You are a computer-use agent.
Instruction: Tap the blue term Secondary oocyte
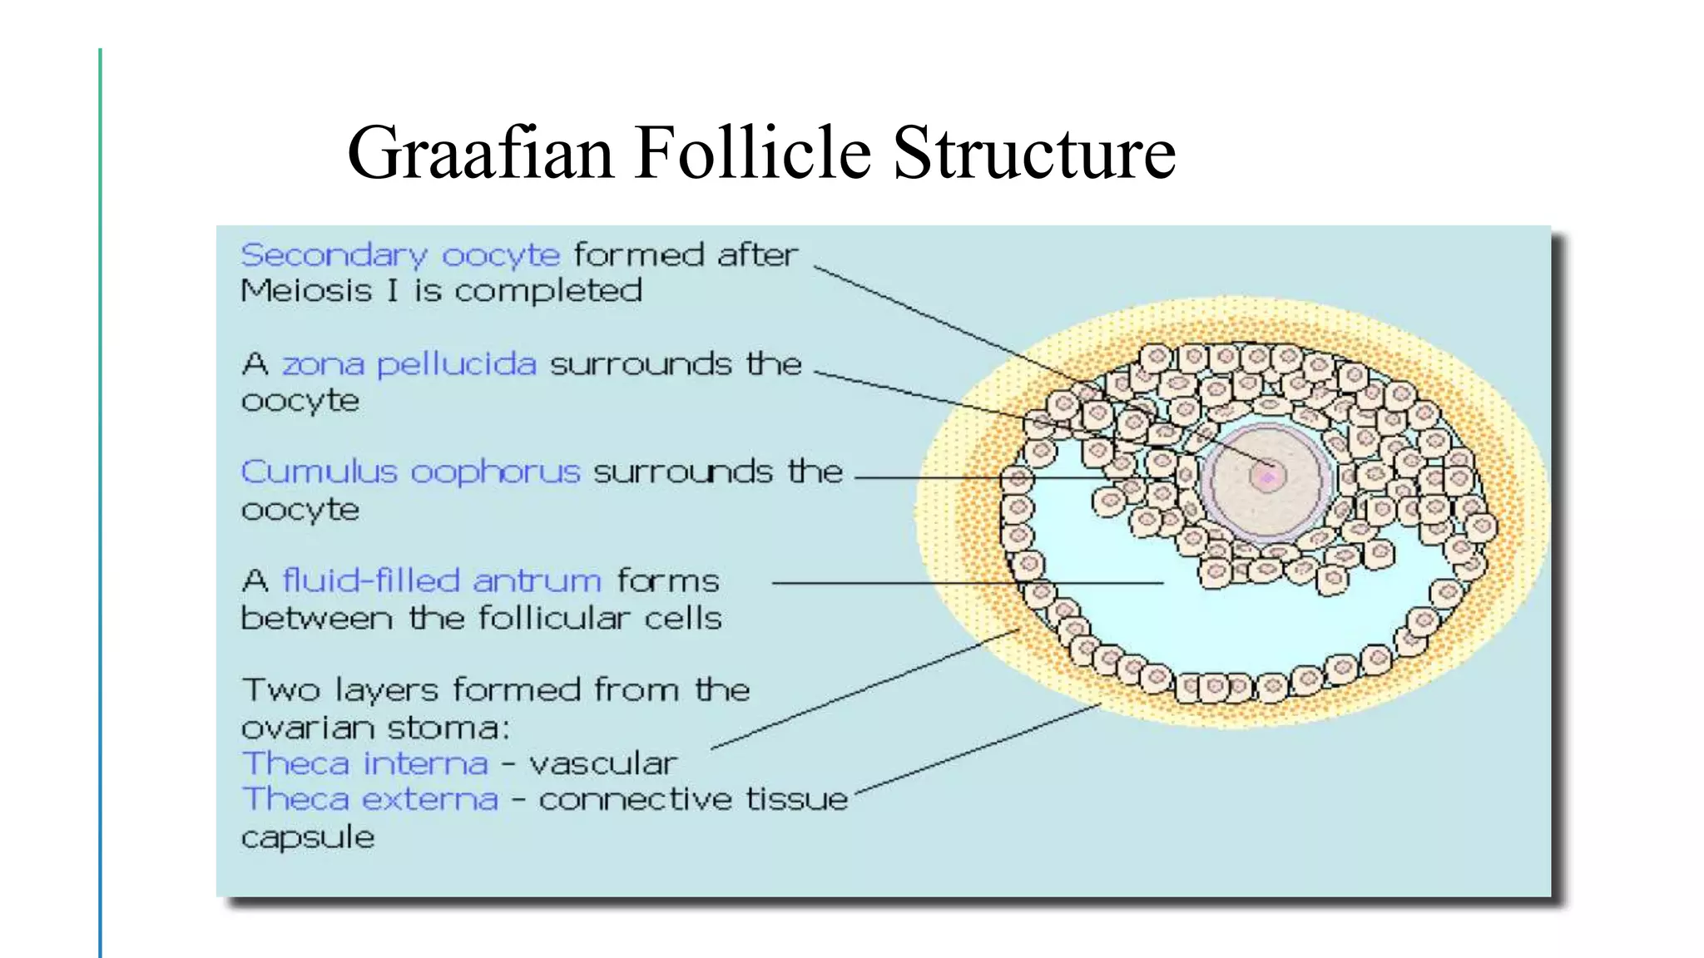(400, 254)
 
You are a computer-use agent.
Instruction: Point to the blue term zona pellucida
(409, 364)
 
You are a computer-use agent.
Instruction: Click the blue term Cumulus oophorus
(410, 472)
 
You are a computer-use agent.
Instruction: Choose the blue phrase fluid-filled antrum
(442, 580)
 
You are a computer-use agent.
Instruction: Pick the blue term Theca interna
(364, 763)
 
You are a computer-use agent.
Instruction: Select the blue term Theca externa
(370, 798)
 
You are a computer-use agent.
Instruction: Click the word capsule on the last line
(308, 837)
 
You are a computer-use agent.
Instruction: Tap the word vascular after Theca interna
(603, 763)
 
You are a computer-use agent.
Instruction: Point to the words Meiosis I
(317, 290)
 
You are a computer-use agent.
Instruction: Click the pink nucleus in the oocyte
(1267, 477)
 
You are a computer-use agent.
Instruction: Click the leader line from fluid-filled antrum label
(965, 583)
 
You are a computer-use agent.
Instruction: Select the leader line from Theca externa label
(978, 748)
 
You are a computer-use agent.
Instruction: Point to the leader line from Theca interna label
(865, 689)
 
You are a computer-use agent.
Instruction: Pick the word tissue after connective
(796, 798)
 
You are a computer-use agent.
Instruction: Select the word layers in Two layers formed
(386, 690)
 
